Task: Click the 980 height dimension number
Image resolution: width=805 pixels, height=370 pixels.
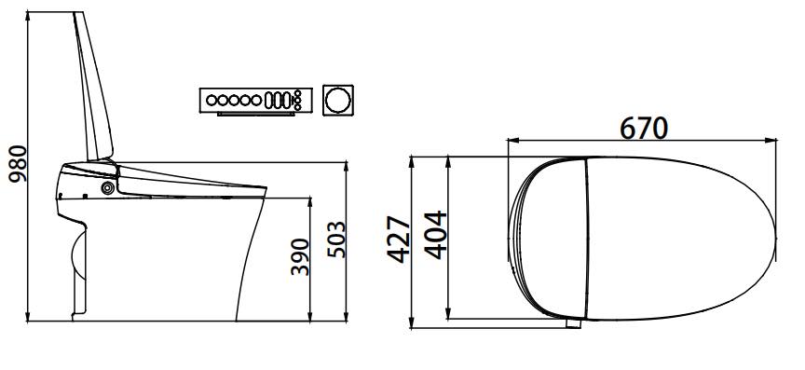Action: [x=19, y=164]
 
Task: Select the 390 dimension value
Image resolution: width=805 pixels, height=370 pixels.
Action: [x=300, y=257]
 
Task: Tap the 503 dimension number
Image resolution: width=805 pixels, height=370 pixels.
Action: [x=336, y=239]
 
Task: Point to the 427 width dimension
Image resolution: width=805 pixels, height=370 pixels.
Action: [x=399, y=240]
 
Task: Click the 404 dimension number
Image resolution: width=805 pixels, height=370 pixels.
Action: [x=435, y=235]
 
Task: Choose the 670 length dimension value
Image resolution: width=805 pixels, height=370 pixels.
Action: [x=644, y=129]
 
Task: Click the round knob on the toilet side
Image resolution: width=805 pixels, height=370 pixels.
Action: [x=107, y=188]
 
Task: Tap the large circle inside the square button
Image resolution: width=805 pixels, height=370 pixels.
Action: [x=338, y=100]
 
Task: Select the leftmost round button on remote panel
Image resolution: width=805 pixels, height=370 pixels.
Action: [x=211, y=101]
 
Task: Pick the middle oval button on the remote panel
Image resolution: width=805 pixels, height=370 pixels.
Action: [x=278, y=101]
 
